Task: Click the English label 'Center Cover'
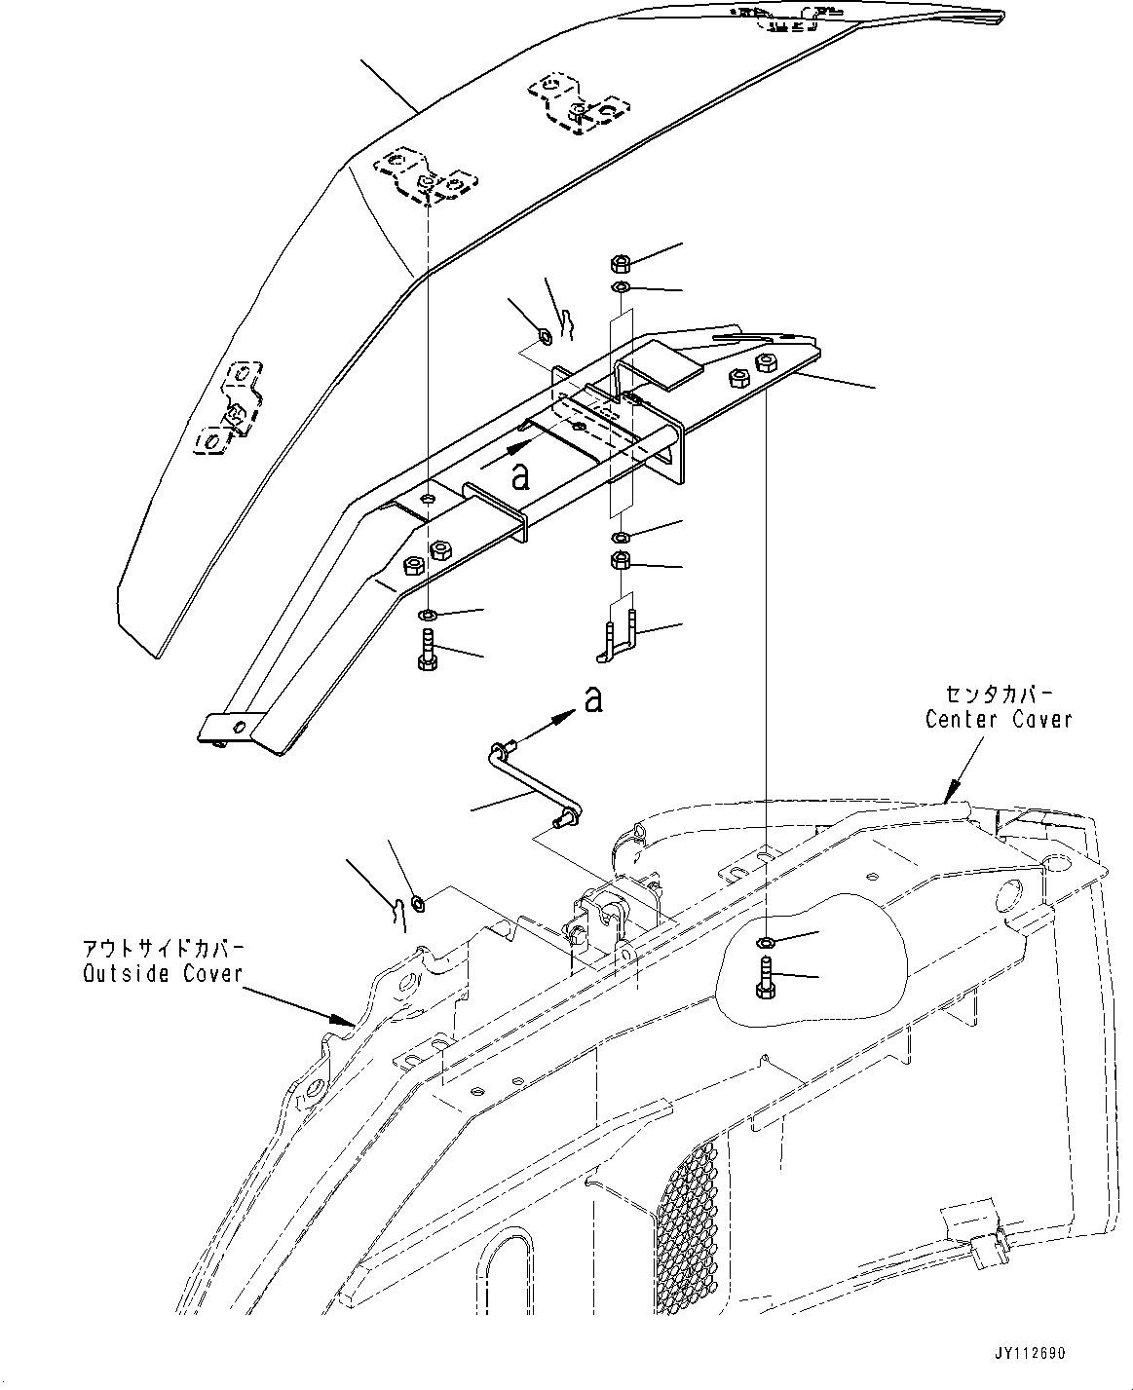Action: point(998,719)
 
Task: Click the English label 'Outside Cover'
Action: point(163,973)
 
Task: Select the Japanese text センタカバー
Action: point(998,694)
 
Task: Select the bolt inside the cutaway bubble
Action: point(765,977)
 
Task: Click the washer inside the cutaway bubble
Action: point(765,942)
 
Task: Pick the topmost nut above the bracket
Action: point(620,263)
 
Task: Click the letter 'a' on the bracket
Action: point(520,475)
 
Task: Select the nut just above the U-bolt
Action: point(620,561)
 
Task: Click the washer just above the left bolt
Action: point(428,616)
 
